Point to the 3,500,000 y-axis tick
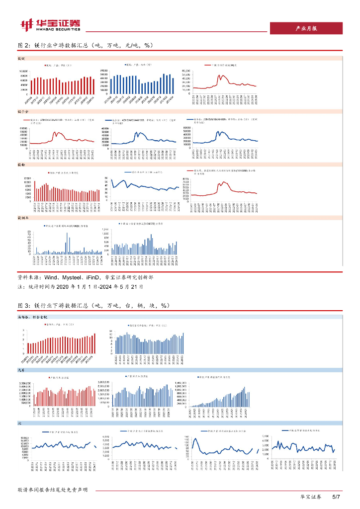[25, 383]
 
